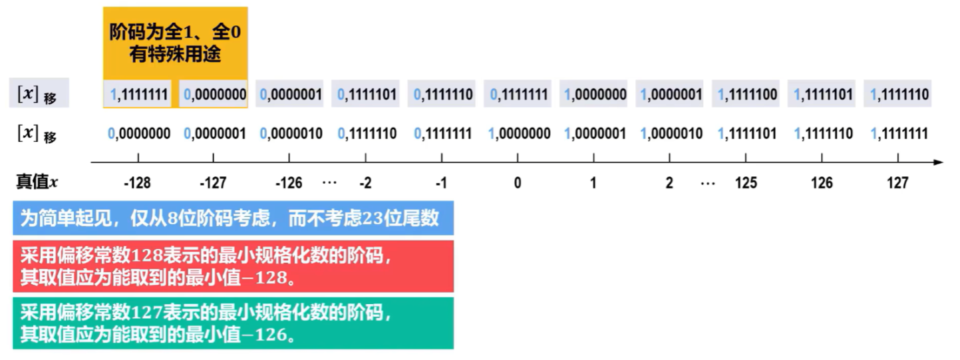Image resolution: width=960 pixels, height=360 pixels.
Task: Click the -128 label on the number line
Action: click(137, 183)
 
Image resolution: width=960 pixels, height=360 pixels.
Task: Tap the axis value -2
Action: click(365, 183)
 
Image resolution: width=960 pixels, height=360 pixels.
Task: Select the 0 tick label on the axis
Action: click(517, 183)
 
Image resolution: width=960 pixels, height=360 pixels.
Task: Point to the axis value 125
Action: click(746, 183)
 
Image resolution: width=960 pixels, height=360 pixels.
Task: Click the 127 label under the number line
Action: click(897, 183)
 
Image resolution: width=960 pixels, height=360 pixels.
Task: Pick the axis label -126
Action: click(289, 183)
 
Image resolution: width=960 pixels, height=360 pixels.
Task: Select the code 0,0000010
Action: click(291, 134)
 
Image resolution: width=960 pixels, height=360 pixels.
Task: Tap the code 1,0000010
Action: click(671, 134)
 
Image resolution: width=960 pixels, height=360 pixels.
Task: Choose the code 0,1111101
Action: click(367, 94)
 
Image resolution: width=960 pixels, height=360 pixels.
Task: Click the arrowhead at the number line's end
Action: click(938, 162)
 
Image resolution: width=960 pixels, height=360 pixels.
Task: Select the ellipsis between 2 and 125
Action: click(708, 183)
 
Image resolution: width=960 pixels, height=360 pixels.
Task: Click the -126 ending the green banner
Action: click(270, 334)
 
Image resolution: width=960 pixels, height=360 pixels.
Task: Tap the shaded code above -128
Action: click(138, 94)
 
